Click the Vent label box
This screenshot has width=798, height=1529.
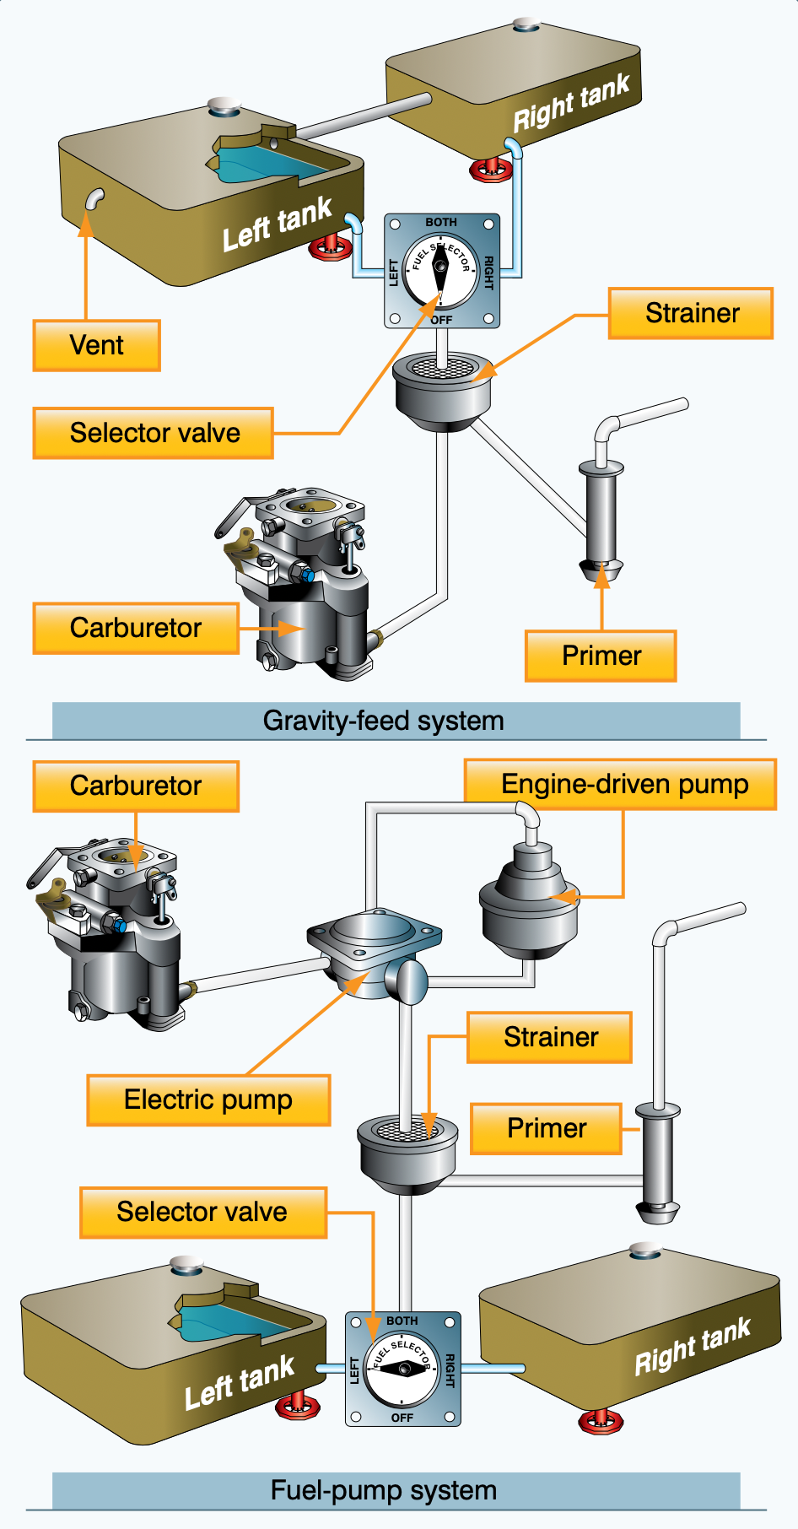click(97, 345)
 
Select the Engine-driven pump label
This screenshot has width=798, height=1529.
click(624, 785)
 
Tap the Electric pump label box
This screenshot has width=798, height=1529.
click(208, 1099)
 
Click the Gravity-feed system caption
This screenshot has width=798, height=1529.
click(384, 721)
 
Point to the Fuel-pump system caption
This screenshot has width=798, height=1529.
click(384, 1490)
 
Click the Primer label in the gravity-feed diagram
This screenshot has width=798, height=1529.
click(601, 656)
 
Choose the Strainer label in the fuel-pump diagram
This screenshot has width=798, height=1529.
click(551, 1037)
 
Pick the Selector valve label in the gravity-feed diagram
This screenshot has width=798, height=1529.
click(154, 433)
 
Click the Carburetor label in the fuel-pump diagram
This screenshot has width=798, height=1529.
click(136, 786)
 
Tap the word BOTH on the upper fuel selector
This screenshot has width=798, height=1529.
click(441, 223)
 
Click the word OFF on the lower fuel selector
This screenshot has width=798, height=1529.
click(402, 1418)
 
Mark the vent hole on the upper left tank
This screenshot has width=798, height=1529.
click(94, 199)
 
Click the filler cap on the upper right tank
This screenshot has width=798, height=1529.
click(526, 24)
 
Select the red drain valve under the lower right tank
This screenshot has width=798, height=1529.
click(601, 1420)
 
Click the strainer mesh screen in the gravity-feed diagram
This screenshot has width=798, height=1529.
click(441, 368)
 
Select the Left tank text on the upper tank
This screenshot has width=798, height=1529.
click(277, 225)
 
